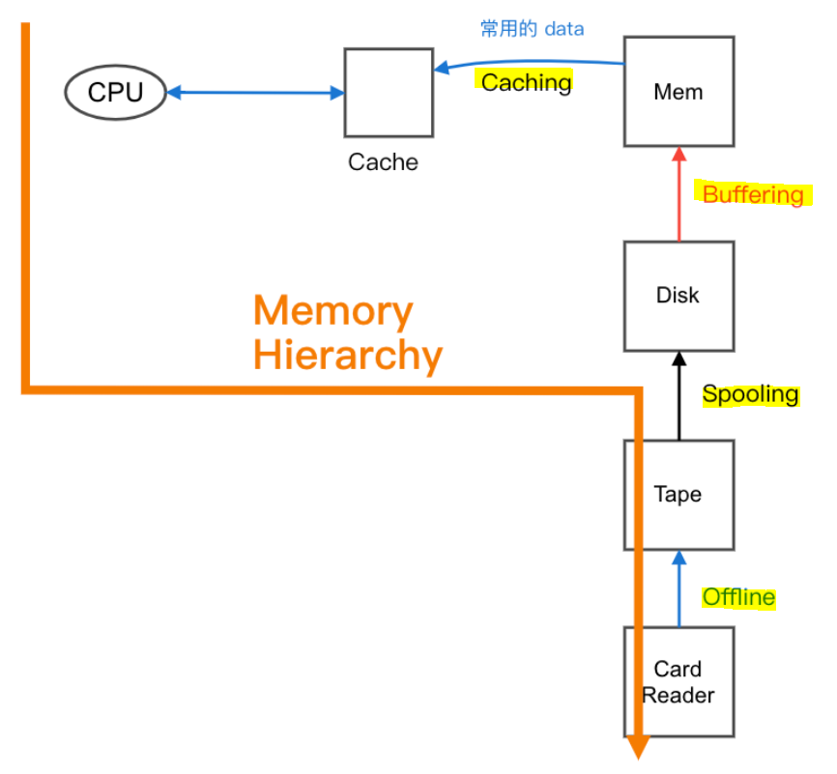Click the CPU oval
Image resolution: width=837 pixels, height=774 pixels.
coord(115,92)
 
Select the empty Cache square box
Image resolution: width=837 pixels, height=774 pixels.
coord(389,93)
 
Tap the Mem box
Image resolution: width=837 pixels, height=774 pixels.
coord(678,92)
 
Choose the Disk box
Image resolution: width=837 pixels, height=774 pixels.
coord(678,296)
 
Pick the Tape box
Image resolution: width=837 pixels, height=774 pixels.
coord(678,495)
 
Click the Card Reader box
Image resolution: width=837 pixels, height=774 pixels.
coord(678,682)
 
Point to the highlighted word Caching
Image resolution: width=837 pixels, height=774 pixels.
coord(526,82)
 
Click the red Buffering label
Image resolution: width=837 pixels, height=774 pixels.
coord(753,194)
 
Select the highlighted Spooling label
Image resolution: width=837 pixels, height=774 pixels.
coord(750,394)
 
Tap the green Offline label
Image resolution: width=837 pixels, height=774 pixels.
coord(738,597)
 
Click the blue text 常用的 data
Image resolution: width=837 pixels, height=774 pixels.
coord(533,29)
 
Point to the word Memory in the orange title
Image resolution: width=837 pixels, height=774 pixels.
coord(332,312)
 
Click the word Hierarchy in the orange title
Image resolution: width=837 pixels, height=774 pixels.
coord(348,356)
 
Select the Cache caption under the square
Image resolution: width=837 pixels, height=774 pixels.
coord(383,162)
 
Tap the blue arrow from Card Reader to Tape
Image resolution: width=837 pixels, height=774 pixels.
coord(678,591)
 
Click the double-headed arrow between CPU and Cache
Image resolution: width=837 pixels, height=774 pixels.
coord(256,93)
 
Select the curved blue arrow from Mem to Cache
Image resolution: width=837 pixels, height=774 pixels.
coord(532,64)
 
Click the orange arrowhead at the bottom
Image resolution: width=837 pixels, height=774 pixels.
coord(638,747)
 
